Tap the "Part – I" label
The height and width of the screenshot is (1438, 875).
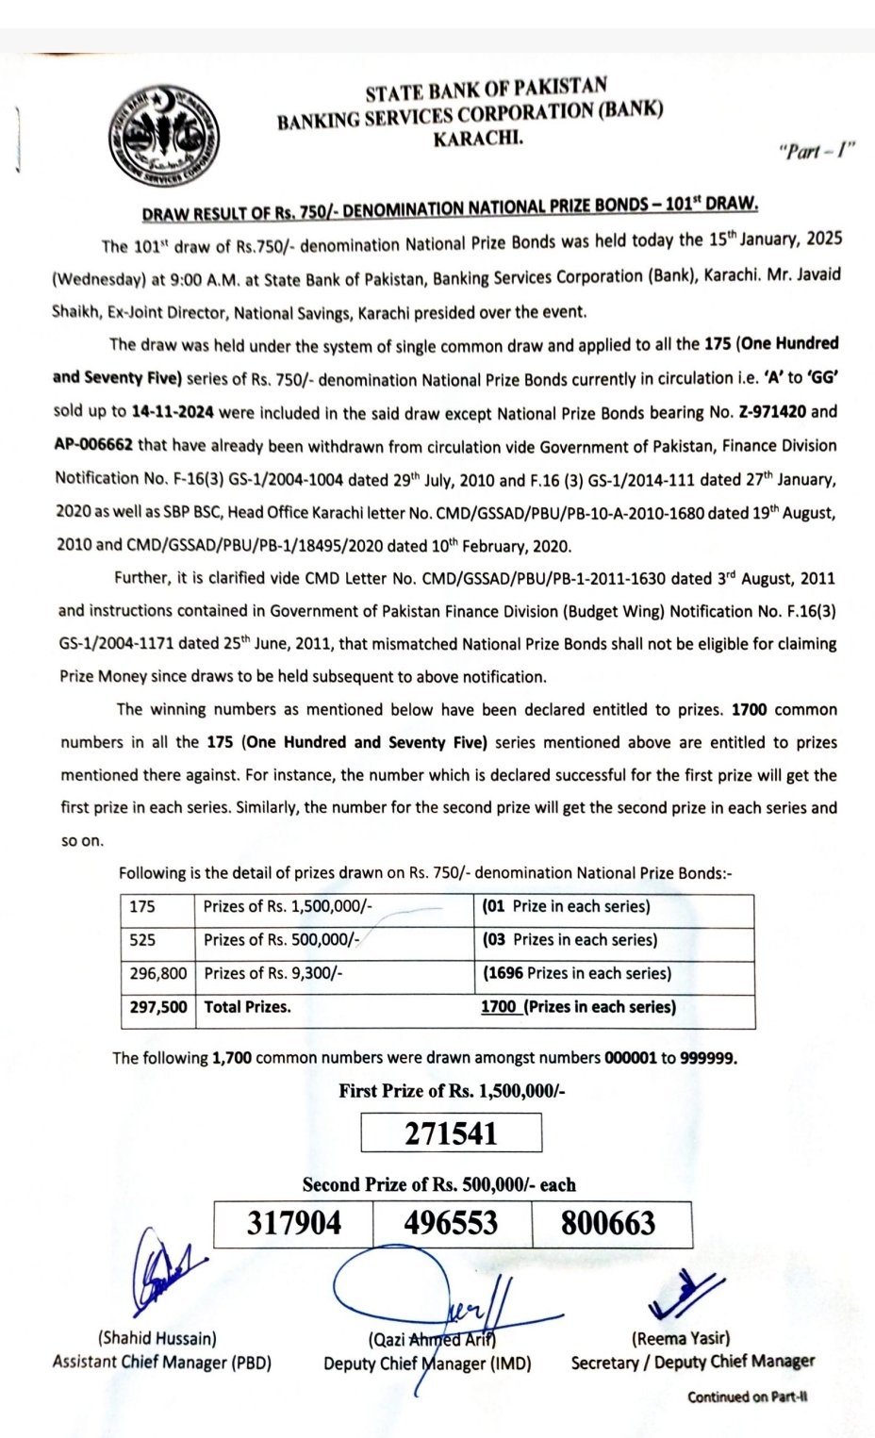tap(817, 151)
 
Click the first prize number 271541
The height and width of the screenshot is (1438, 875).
tap(451, 1132)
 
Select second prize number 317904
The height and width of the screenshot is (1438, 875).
tap(294, 1223)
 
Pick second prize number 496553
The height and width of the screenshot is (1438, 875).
tap(451, 1223)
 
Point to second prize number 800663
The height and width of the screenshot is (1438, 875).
tap(608, 1223)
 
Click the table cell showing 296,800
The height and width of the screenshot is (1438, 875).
tap(158, 973)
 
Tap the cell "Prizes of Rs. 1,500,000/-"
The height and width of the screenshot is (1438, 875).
tap(288, 906)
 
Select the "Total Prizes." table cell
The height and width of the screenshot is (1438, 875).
tap(247, 1007)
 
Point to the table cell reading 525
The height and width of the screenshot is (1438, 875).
tap(143, 939)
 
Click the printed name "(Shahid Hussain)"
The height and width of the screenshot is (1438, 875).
tap(157, 1337)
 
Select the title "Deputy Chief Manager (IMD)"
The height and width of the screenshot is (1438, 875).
tap(426, 1364)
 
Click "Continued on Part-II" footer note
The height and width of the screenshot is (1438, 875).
tap(748, 1397)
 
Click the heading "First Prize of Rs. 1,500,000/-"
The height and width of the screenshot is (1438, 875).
tap(452, 1091)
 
